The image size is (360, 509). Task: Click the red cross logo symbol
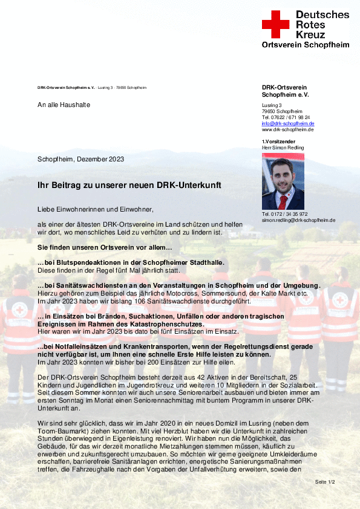click(x=275, y=24)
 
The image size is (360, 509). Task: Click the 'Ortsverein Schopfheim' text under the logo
click(x=305, y=45)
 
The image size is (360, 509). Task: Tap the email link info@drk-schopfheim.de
click(x=288, y=123)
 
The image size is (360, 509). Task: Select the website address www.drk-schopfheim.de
click(x=287, y=129)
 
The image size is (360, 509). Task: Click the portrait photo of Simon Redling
click(x=283, y=181)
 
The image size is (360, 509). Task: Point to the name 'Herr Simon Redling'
click(x=283, y=148)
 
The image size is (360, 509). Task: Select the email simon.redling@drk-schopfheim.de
click(x=298, y=220)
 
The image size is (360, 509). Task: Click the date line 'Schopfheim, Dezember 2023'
click(x=80, y=159)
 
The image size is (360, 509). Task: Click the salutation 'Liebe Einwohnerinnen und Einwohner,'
click(x=96, y=209)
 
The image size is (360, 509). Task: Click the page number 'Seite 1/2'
click(x=325, y=481)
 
